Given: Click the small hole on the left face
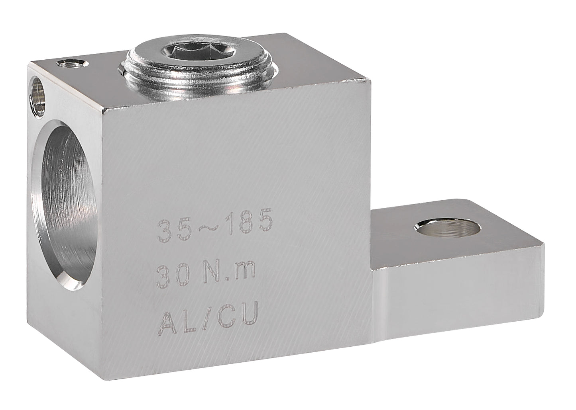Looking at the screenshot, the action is click(x=38, y=97).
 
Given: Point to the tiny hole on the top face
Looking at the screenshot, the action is click(x=73, y=63).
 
